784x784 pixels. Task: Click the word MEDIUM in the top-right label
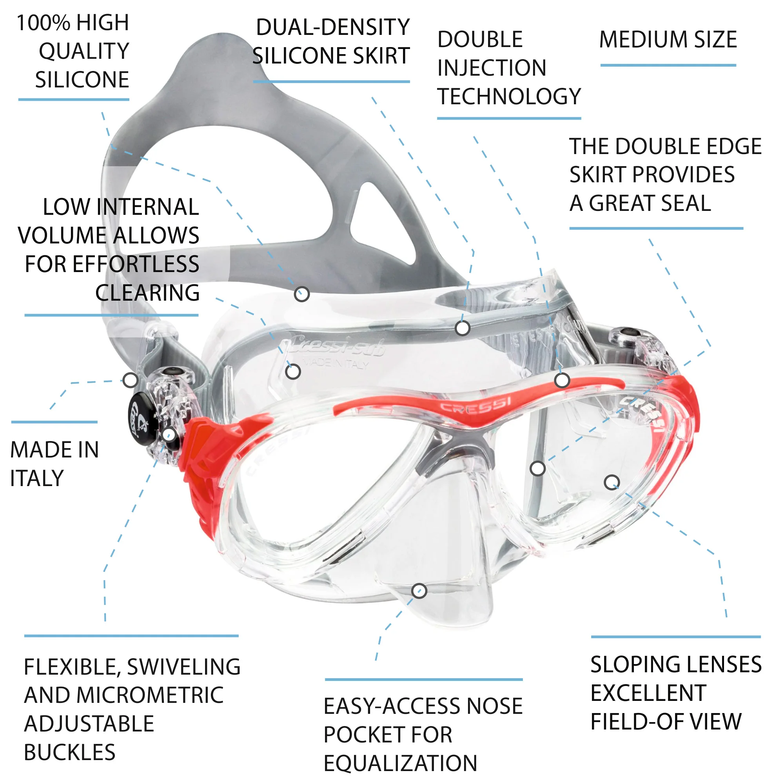coord(643,40)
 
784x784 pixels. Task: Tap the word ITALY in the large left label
coord(37,478)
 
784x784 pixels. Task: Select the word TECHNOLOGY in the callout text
coord(509,96)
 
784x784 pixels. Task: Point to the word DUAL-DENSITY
coord(333,27)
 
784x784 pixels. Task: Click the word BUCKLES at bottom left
coord(70,752)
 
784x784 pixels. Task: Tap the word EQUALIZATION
coord(401,763)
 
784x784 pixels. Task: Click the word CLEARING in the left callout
coord(147,292)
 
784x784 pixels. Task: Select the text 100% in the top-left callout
coord(44,22)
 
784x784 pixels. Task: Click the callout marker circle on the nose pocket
coord(419,590)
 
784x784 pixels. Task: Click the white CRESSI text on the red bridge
coord(475,406)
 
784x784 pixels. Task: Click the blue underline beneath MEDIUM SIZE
coord(668,65)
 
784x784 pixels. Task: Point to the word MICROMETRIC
coord(150,695)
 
